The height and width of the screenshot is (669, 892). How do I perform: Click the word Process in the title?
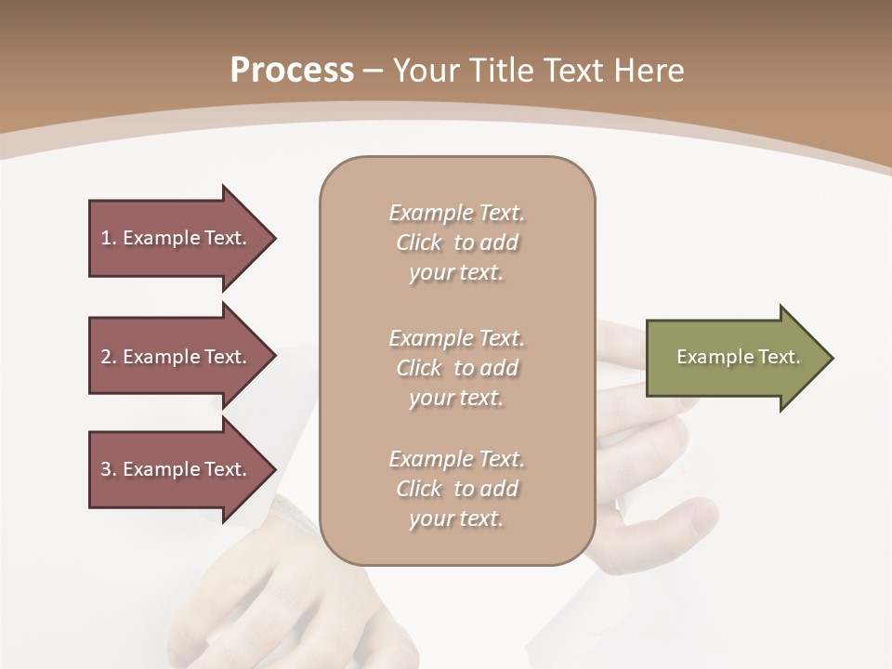pyautogui.click(x=292, y=71)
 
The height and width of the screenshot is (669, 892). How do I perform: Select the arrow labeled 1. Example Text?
pyautogui.click(x=177, y=238)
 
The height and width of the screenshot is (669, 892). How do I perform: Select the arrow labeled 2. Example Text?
pyautogui.click(x=177, y=357)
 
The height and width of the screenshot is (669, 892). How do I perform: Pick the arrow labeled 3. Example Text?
pyautogui.click(x=177, y=469)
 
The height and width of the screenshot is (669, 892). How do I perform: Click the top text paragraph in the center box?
pyautogui.click(x=456, y=243)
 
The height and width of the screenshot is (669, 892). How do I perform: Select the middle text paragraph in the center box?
pyautogui.click(x=456, y=368)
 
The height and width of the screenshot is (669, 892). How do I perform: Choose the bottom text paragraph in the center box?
pyautogui.click(x=456, y=489)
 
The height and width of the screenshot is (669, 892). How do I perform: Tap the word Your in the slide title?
pyautogui.click(x=423, y=71)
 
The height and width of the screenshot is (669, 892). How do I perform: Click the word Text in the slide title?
pyautogui.click(x=570, y=71)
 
